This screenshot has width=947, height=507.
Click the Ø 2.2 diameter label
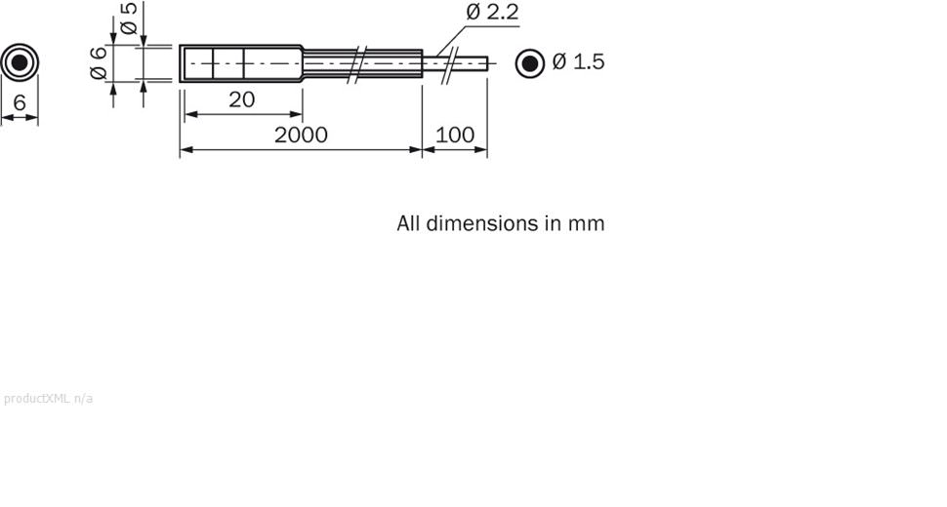tap(492, 14)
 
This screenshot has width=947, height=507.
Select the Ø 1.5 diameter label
tap(578, 62)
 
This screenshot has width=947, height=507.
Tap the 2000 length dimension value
tap(301, 135)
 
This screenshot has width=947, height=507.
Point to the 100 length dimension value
tap(454, 135)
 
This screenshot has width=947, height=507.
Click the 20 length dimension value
tap(241, 99)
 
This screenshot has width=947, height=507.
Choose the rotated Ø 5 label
tap(128, 19)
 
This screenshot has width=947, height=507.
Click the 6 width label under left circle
tap(20, 102)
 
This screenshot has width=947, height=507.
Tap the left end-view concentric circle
tap(20, 63)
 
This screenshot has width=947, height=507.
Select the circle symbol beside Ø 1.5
tap(530, 63)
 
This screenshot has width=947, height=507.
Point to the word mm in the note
tap(587, 223)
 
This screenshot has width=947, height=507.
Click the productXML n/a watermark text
tap(49, 398)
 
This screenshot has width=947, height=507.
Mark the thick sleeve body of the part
tap(239, 63)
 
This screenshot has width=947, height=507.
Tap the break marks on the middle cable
tap(359, 62)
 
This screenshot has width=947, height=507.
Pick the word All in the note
tap(408, 223)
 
